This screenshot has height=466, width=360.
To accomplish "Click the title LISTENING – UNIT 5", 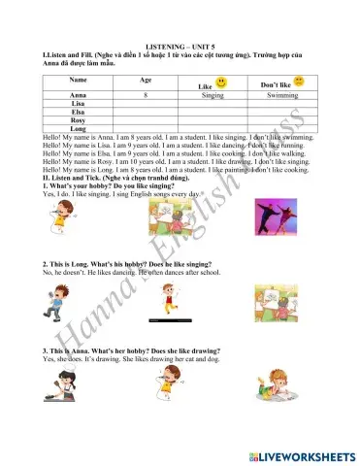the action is coord(180,46).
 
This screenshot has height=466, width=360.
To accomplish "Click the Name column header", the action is coord(79,79).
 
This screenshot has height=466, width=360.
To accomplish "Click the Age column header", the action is coord(146,79).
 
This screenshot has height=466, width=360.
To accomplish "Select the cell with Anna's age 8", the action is coord(145,97).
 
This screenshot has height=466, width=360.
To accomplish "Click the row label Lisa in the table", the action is coord(79,105).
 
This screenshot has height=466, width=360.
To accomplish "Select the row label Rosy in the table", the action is coord(79,120).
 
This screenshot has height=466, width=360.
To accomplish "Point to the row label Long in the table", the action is coord(79,128).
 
